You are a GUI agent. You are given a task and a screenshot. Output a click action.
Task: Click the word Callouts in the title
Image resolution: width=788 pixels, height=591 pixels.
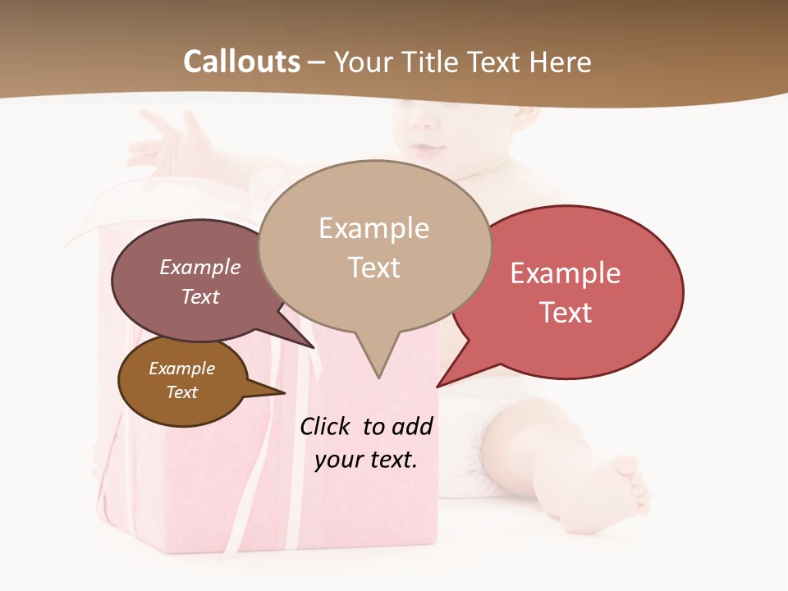click(x=241, y=62)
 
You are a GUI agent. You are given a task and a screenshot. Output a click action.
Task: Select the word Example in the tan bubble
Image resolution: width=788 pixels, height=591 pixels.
click(x=373, y=228)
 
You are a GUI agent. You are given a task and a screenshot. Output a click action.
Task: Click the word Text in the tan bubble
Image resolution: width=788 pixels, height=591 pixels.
click(x=374, y=268)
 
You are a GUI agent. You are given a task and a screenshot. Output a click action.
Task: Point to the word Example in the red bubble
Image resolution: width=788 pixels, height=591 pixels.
click(x=566, y=273)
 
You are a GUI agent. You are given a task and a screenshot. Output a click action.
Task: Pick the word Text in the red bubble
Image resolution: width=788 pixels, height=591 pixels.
click(x=566, y=313)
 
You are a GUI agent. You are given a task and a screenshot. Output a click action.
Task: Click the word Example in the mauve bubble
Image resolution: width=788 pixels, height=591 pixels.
click(x=200, y=268)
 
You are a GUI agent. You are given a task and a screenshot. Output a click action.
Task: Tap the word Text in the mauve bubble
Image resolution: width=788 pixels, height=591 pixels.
click(x=200, y=296)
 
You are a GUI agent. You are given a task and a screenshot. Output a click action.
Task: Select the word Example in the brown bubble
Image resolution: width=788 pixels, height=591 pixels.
click(x=182, y=369)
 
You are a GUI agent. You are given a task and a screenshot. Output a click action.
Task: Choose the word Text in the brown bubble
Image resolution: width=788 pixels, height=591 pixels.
click(x=182, y=392)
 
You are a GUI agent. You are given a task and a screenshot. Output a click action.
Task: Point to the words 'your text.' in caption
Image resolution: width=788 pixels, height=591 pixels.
click(x=366, y=460)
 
